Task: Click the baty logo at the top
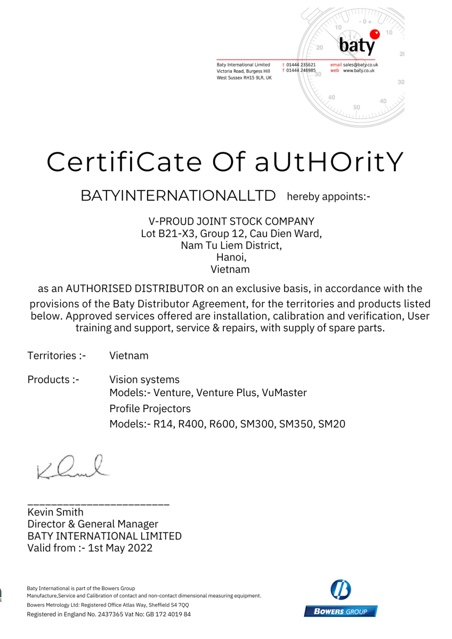point(357,43)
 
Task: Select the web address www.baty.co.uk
point(359,70)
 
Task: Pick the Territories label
point(60,355)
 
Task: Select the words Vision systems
point(144,380)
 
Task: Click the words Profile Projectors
point(150,409)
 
